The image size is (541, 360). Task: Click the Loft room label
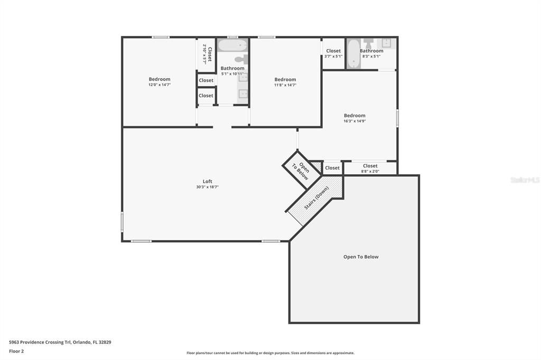pyautogui.click(x=207, y=182)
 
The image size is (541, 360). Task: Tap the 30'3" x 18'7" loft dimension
pyautogui.click(x=207, y=187)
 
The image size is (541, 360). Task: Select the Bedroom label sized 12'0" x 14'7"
pyautogui.click(x=159, y=79)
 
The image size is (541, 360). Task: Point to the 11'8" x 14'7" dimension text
pyautogui.click(x=285, y=85)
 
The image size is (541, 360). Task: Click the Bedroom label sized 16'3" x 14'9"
pyautogui.click(x=355, y=116)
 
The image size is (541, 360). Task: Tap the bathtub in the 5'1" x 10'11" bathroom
pyautogui.click(x=232, y=44)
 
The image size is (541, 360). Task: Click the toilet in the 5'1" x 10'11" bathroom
pyautogui.click(x=242, y=59)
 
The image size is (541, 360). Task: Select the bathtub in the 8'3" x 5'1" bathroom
pyautogui.click(x=353, y=54)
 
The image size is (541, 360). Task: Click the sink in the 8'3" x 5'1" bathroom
pyautogui.click(x=387, y=43)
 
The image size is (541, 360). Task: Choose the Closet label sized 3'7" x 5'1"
pyautogui.click(x=333, y=51)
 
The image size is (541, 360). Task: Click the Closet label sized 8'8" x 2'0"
pyautogui.click(x=370, y=166)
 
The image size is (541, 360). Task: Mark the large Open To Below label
pyautogui.click(x=361, y=257)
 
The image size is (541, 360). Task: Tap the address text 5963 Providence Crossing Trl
pyautogui.click(x=60, y=342)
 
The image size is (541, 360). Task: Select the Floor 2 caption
pyautogui.click(x=16, y=351)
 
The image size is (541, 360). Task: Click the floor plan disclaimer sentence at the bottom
pyautogui.click(x=270, y=353)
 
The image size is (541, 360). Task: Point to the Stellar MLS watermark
pyautogui.click(x=525, y=180)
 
